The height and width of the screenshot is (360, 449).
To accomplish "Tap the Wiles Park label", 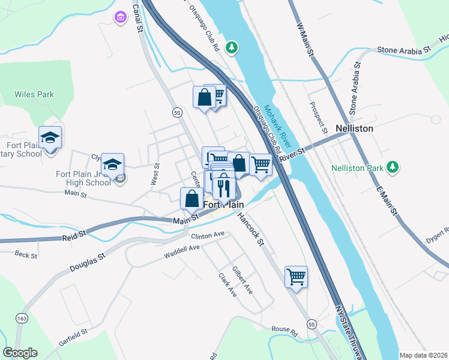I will point(34,94).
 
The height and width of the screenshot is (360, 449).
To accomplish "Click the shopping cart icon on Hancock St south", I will point(296,277).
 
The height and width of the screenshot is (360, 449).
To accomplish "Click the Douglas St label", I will point(88,261).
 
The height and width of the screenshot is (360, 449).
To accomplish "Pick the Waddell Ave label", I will point(181,252).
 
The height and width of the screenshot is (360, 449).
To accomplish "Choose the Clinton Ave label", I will point(208,236).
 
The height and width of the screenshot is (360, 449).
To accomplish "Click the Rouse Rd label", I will point(285,329).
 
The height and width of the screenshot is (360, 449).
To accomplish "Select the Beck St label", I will point(26,255).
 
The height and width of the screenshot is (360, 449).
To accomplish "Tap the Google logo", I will point(20,353).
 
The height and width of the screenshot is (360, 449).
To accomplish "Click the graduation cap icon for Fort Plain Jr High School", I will point(112,164).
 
